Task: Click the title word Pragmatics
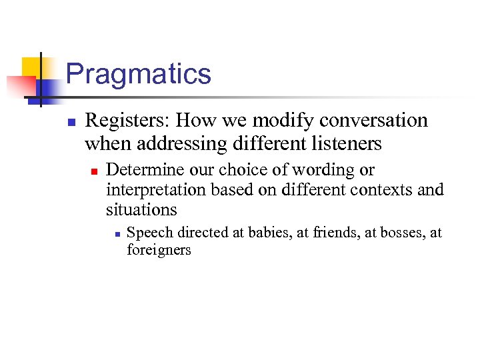coord(139,73)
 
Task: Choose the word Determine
coord(139,170)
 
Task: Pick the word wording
coord(323,170)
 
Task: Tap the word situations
coord(141,210)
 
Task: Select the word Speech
coord(145,233)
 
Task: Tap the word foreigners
coord(159,251)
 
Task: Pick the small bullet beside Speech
coord(116,234)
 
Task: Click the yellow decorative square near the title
coord(31,67)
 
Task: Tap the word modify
coord(285,121)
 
